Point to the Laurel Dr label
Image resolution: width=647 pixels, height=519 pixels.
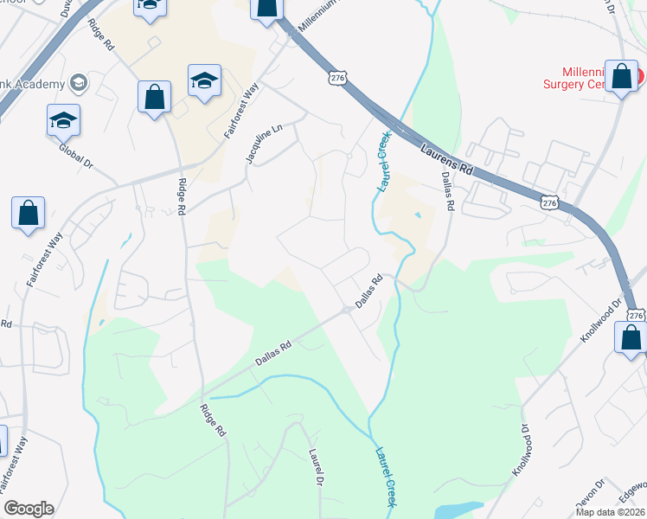(x=317, y=467)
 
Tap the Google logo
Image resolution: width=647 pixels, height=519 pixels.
(x=29, y=509)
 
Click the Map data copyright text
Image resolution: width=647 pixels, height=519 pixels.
(x=611, y=512)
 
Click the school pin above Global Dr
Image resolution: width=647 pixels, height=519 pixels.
(x=63, y=120)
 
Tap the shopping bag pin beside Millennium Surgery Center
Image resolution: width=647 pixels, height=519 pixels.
(x=621, y=77)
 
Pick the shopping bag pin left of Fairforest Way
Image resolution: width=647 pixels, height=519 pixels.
(x=28, y=213)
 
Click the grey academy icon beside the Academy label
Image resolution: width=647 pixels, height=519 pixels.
(x=80, y=83)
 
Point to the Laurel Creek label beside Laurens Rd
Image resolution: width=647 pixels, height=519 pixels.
(x=381, y=161)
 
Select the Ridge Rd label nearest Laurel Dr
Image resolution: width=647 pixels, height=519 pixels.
(x=213, y=420)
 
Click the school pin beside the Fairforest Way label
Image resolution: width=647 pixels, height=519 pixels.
(x=204, y=81)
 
